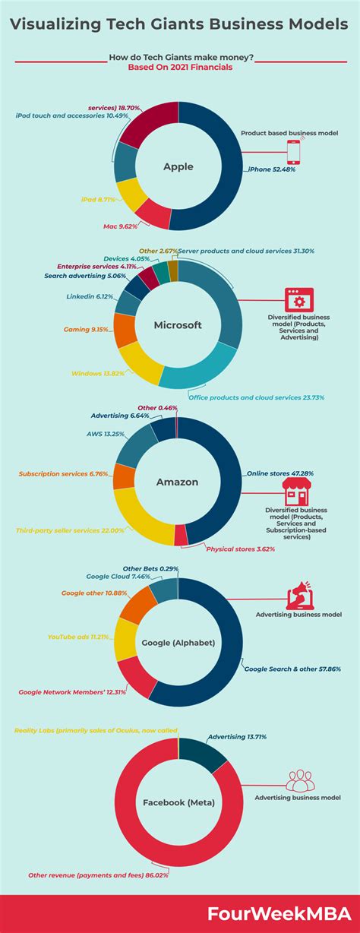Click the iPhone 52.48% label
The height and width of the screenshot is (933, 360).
click(271, 169)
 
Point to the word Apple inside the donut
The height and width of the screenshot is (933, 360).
click(178, 166)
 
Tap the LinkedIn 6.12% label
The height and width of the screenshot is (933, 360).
click(90, 296)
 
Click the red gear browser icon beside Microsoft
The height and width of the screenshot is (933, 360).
click(294, 299)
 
